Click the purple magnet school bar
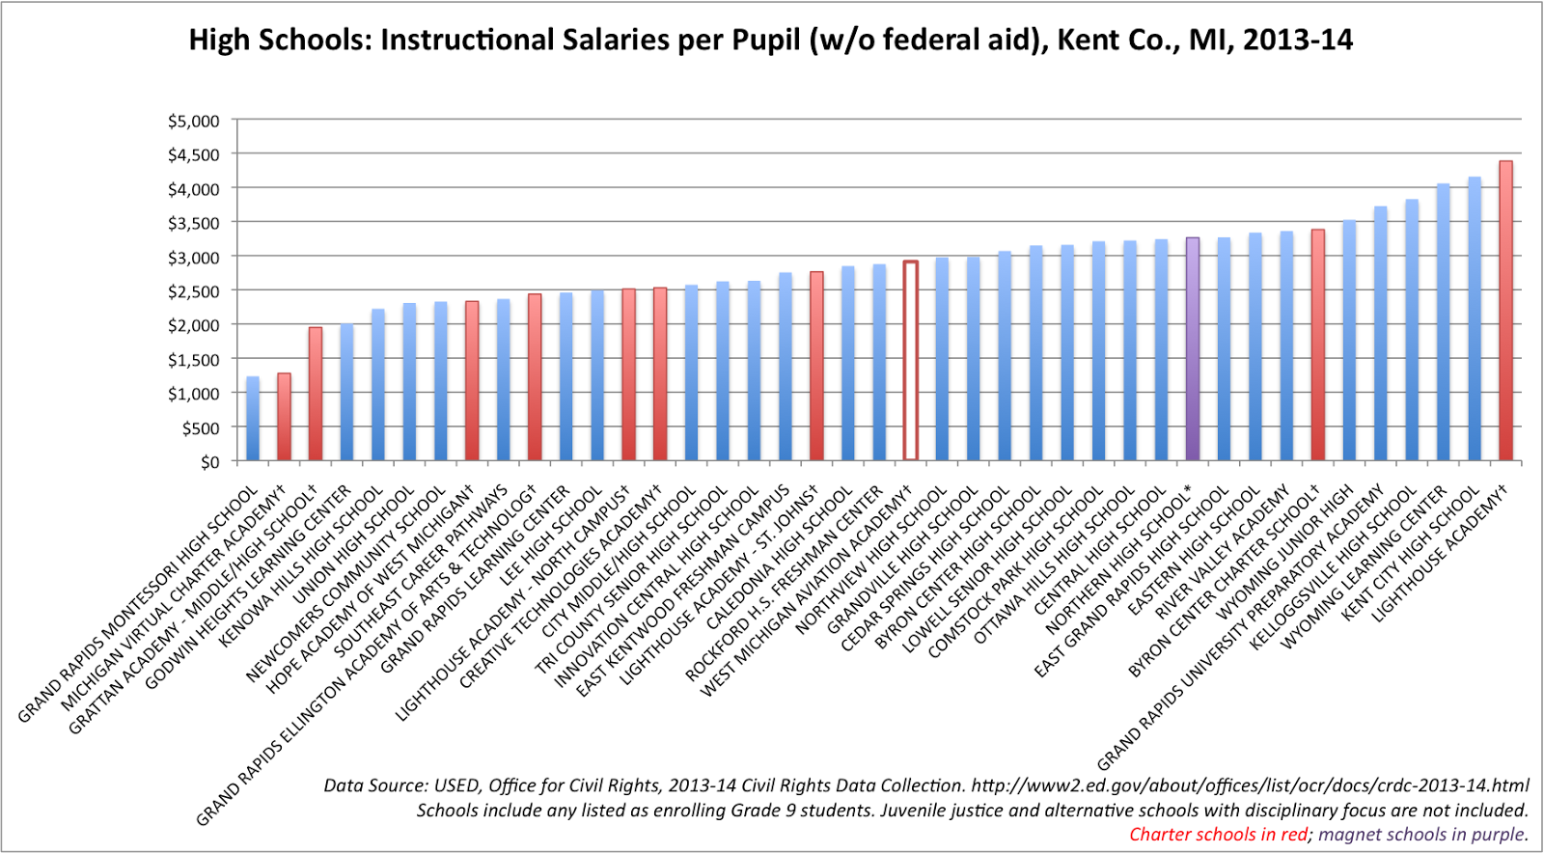1193,349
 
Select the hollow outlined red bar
910,360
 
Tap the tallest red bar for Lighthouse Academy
1505,311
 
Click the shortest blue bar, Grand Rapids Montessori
253,418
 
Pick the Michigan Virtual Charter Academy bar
284,416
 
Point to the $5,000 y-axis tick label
194,122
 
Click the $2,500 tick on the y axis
194,291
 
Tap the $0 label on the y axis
209,462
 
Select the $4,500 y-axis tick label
194,155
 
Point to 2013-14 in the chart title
1297,41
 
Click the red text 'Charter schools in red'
1218,835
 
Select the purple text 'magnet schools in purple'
1422,835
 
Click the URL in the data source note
1250,785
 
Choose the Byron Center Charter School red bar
1317,344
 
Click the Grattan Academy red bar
316,394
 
